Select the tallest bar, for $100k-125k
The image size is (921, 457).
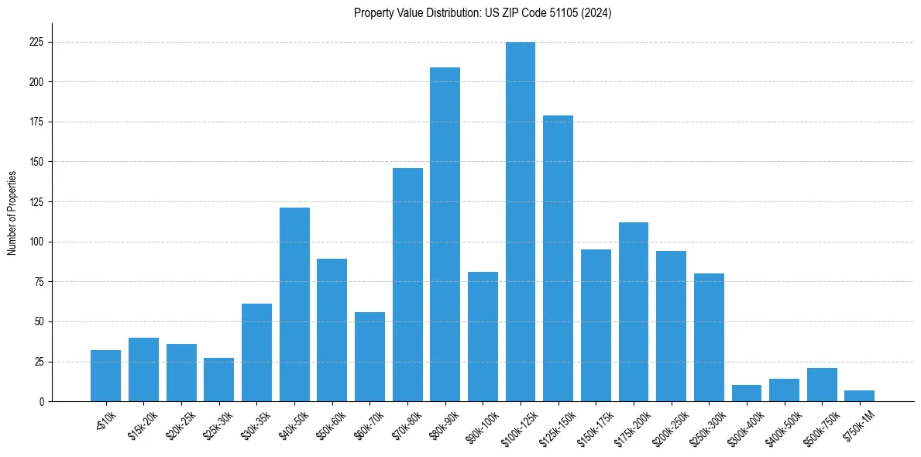click(521, 222)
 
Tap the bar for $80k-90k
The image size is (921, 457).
click(445, 234)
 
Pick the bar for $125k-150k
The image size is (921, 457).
click(558, 258)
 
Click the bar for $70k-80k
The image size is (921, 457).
click(407, 284)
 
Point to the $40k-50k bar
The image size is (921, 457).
click(294, 304)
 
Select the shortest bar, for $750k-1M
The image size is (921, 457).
click(860, 396)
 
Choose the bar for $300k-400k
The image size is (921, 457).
click(747, 393)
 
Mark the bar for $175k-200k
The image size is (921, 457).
click(634, 311)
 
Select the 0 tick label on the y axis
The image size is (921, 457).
click(43, 402)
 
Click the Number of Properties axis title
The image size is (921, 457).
click(12, 213)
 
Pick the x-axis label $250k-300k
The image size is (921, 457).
click(706, 425)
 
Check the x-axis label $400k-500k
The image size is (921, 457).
click(782, 425)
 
